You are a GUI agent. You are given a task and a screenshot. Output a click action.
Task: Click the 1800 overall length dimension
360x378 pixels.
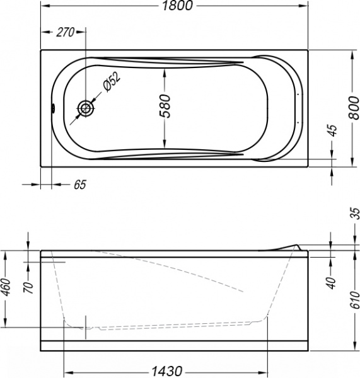(173, 6)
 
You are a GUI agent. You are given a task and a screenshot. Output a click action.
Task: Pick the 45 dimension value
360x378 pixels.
(333, 132)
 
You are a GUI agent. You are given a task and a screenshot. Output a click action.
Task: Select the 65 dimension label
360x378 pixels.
(79, 185)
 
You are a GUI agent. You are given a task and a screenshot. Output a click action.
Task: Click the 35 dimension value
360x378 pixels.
(354, 215)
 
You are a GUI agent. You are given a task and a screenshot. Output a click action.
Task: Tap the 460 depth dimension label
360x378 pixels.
(6, 289)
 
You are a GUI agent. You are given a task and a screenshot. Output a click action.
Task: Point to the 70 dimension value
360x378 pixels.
(28, 289)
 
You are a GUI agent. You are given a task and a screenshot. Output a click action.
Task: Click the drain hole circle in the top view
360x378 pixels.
(86, 109)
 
